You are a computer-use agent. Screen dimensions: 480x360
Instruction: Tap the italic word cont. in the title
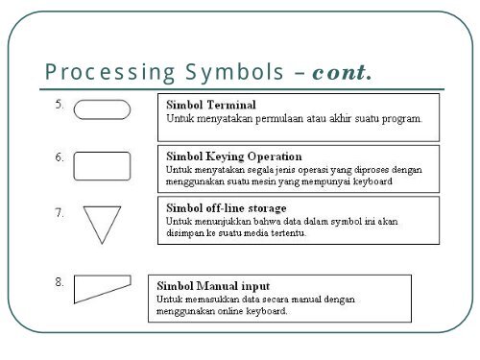pos(342,72)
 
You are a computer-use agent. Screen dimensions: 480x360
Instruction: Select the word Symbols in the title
pos(234,72)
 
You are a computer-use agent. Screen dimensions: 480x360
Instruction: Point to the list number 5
pos(60,105)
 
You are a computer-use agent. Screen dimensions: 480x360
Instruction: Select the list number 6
pos(60,157)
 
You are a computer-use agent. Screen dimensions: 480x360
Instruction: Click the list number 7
pos(60,213)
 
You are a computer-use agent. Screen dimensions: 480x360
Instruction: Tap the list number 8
pos(60,282)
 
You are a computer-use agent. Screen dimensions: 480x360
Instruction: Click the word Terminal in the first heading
pos(231,105)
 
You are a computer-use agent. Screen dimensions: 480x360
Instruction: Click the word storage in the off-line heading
pos(268,208)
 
